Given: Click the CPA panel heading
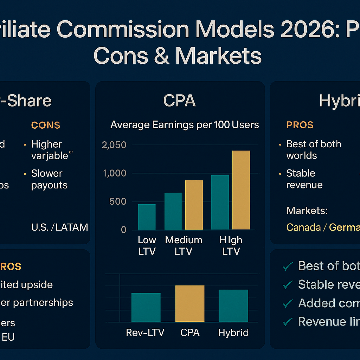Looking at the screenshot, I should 180,101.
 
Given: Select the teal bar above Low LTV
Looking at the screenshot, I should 147,217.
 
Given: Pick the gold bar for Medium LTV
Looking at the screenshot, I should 194,205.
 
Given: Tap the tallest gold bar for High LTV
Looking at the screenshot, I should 241,190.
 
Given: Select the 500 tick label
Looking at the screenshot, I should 118,202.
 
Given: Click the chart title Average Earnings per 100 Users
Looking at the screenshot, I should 185,125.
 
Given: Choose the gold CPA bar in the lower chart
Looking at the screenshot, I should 190,303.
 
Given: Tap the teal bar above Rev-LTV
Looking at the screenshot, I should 146,307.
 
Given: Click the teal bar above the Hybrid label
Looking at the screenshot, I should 233,306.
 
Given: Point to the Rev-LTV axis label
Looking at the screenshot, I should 145,333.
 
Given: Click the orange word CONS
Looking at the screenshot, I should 46,125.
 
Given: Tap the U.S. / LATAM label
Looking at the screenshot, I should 59,227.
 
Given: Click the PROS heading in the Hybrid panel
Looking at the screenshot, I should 300,125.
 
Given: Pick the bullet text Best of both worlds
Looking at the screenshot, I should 313,150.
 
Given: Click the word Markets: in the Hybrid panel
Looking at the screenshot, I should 307,211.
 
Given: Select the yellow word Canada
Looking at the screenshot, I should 303,227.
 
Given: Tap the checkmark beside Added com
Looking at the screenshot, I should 288,303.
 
